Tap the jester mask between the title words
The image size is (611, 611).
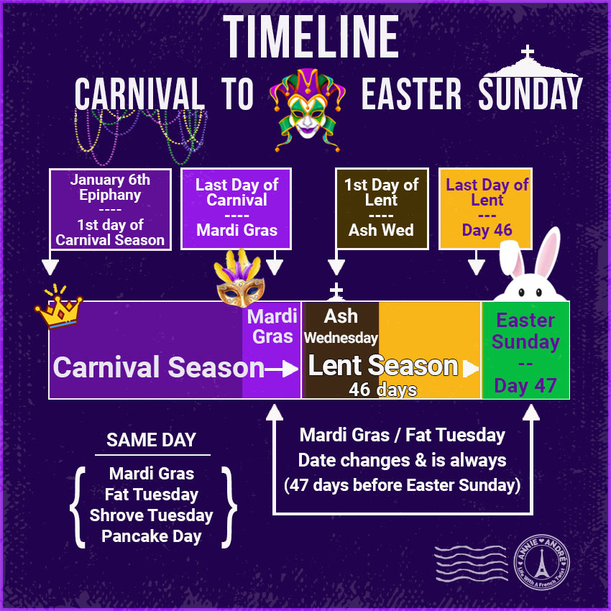307,108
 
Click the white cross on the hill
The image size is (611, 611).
528,53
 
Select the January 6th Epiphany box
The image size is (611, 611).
110,209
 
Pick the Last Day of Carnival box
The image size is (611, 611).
236,208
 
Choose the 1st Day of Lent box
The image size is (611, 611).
382,208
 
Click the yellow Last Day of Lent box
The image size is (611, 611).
486,208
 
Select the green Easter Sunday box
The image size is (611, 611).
525,351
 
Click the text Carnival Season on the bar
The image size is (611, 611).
159,367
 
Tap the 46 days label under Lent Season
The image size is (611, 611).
382,390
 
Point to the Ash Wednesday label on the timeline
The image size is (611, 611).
341,326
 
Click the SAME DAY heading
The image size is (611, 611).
152,440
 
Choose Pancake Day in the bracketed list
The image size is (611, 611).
152,536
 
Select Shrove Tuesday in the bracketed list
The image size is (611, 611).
152,515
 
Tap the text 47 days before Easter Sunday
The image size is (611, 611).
403,485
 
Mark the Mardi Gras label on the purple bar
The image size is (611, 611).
272,326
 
